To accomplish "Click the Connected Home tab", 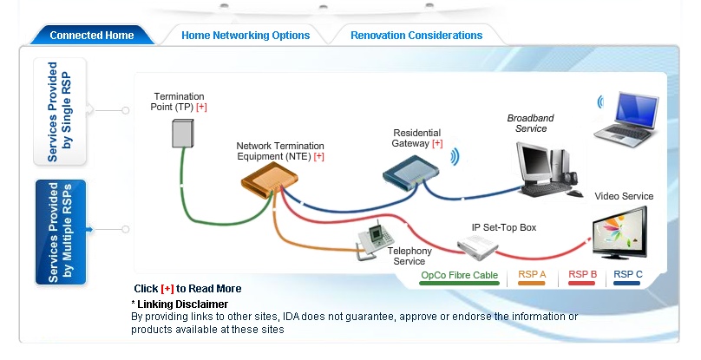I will [91, 36].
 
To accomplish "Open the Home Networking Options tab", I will [246, 36].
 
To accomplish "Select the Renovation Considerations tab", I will [416, 36].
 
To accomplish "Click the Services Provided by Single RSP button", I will [60, 111].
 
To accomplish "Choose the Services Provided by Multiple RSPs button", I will [60, 232].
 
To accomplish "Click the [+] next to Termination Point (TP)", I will [201, 107].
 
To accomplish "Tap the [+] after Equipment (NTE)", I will [318, 156].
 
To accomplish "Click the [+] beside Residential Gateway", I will [436, 143].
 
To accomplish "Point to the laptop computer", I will [625, 116].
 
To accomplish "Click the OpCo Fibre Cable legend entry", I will [459, 275].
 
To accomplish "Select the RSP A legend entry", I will [532, 275].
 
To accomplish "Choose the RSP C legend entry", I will [628, 275].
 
